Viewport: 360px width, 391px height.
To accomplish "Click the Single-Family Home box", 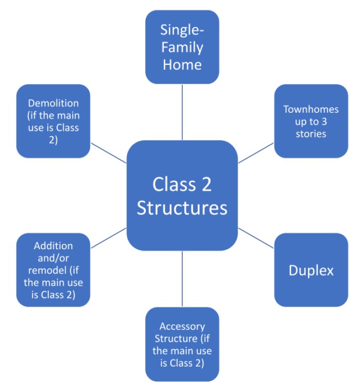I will pyautogui.click(x=182, y=47).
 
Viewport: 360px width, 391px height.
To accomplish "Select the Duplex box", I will pyautogui.click(x=311, y=270).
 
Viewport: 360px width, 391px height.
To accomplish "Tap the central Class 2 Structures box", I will pyautogui.click(x=182, y=195).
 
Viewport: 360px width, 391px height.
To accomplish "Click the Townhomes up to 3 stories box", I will pyautogui.click(x=311, y=121).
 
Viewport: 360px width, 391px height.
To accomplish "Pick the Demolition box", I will pyautogui.click(x=53, y=121).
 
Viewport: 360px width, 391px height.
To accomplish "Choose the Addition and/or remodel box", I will pyautogui.click(x=53, y=270).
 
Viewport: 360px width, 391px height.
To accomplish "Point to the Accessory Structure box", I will pyautogui.click(x=182, y=344).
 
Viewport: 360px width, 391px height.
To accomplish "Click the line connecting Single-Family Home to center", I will pyautogui.click(x=182, y=112).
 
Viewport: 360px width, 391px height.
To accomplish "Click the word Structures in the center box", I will pyautogui.click(x=182, y=208).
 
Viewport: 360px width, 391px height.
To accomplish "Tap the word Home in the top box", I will pyautogui.click(x=182, y=65).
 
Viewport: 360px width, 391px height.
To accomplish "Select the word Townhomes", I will pyautogui.click(x=311, y=110).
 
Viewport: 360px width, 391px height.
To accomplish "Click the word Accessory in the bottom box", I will pyautogui.click(x=182, y=327).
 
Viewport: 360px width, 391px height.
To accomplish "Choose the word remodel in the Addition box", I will pyautogui.click(x=53, y=271).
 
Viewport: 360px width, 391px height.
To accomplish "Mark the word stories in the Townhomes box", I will pyautogui.click(x=311, y=133).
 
